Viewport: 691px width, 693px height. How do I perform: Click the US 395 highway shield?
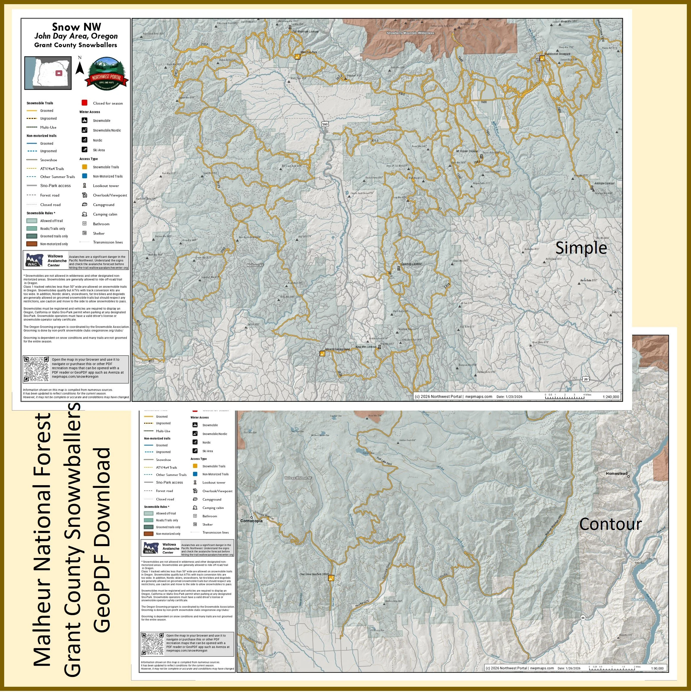[325, 124]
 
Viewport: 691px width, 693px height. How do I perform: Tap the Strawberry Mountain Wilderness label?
[410, 33]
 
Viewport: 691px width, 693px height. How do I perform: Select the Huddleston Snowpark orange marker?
[542, 58]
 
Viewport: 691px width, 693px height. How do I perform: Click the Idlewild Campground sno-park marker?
[323, 353]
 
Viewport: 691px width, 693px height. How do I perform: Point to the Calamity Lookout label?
[411, 264]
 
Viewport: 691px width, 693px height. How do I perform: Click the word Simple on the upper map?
[581, 248]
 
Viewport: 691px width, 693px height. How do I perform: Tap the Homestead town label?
[616, 474]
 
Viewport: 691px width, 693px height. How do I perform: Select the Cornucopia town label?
[251, 521]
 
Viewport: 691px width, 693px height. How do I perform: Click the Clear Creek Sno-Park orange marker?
[332, 578]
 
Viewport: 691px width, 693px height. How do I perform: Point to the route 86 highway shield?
[583, 618]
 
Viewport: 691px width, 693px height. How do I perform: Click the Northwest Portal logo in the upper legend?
[106, 73]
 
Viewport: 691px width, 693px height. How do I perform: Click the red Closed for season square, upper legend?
[85, 103]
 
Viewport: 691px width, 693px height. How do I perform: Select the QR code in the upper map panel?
[36, 369]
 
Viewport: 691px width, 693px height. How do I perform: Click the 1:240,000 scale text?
[611, 397]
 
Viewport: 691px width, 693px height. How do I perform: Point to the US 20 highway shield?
[585, 379]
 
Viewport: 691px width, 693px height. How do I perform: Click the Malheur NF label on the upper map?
[255, 265]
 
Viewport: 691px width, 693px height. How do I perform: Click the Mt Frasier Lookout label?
[467, 151]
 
